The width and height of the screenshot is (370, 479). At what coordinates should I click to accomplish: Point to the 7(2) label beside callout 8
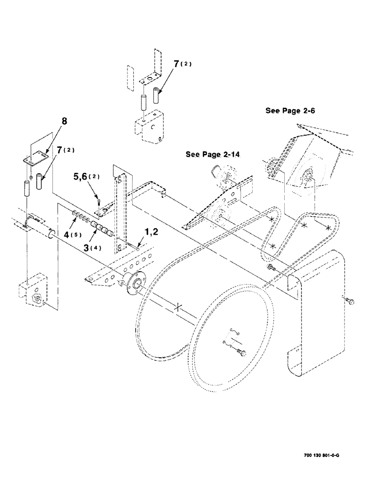62,151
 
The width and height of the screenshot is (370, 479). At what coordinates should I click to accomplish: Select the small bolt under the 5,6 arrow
97,205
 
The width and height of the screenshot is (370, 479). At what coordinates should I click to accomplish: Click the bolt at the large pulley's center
241,354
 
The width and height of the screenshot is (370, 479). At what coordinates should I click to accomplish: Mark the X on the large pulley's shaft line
178,307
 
